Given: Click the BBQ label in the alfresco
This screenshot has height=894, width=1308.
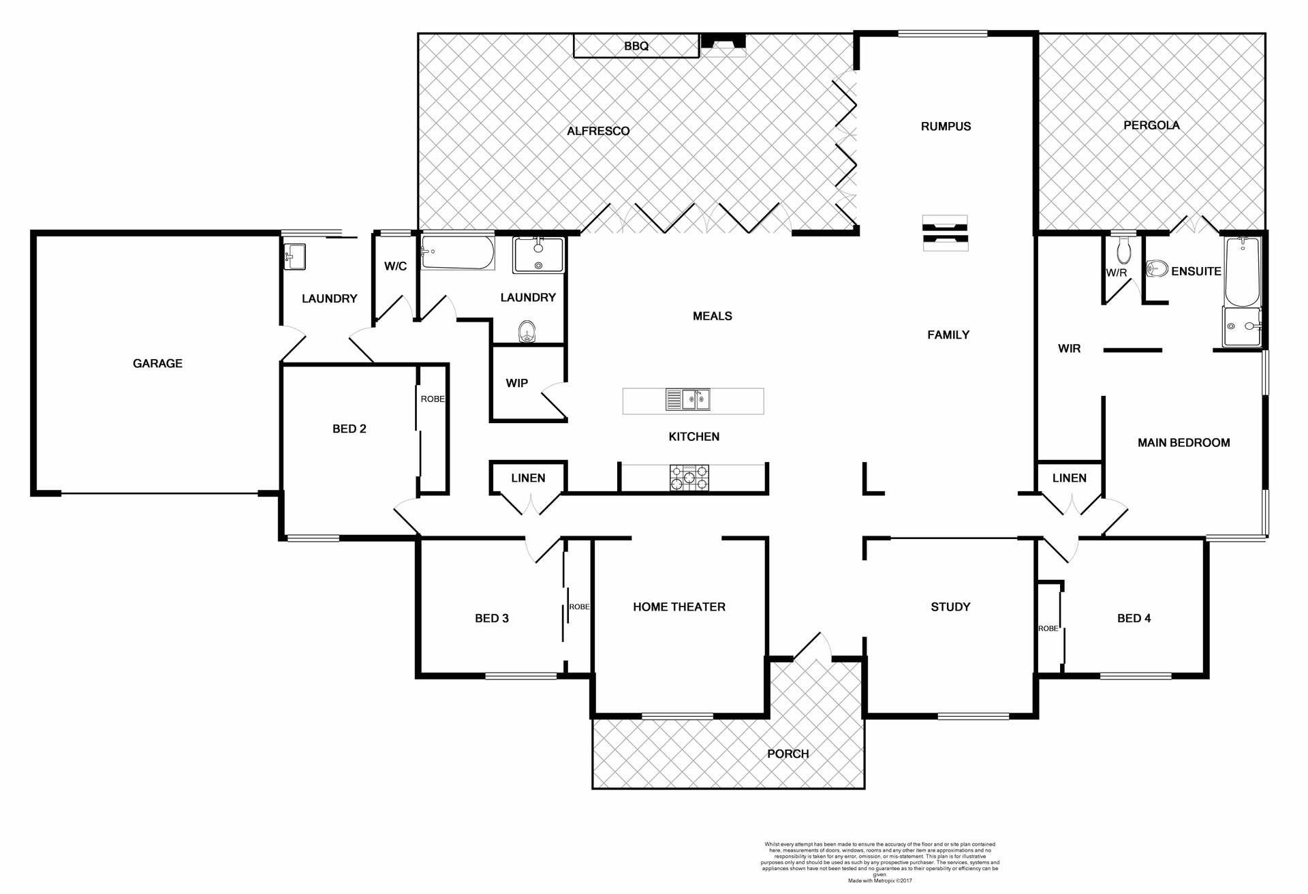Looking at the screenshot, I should point(636,46).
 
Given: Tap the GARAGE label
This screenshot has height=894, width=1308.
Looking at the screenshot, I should point(157,364).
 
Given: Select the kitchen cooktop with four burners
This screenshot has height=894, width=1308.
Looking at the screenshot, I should point(689,477).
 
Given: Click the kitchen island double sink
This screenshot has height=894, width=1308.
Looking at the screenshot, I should point(687,400).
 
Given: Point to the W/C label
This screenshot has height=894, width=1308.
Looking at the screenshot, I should point(395,266).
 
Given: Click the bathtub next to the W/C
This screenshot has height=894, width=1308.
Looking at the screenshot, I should point(457,253).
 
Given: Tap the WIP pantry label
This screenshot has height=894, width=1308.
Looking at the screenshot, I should point(516,383).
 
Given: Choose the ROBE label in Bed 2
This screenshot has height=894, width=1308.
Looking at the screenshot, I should point(433,399).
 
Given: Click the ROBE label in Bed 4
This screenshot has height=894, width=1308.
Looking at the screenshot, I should point(1048,628).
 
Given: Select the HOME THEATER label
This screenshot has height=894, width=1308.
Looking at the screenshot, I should point(679,607).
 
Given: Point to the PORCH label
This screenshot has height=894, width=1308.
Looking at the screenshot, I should point(788,754).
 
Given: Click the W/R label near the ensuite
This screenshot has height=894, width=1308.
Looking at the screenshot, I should point(1116,273).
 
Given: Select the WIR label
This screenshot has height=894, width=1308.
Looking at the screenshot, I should point(1069,349).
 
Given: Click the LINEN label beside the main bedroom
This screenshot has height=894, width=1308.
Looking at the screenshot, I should point(1069,478).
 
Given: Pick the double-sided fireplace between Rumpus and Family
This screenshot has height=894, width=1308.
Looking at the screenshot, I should point(944,233).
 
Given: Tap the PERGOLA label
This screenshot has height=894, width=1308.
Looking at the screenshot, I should point(1151,125).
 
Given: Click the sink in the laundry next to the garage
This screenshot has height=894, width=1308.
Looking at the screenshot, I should point(294,257).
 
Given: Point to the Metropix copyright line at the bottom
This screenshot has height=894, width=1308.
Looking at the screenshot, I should point(879,880).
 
